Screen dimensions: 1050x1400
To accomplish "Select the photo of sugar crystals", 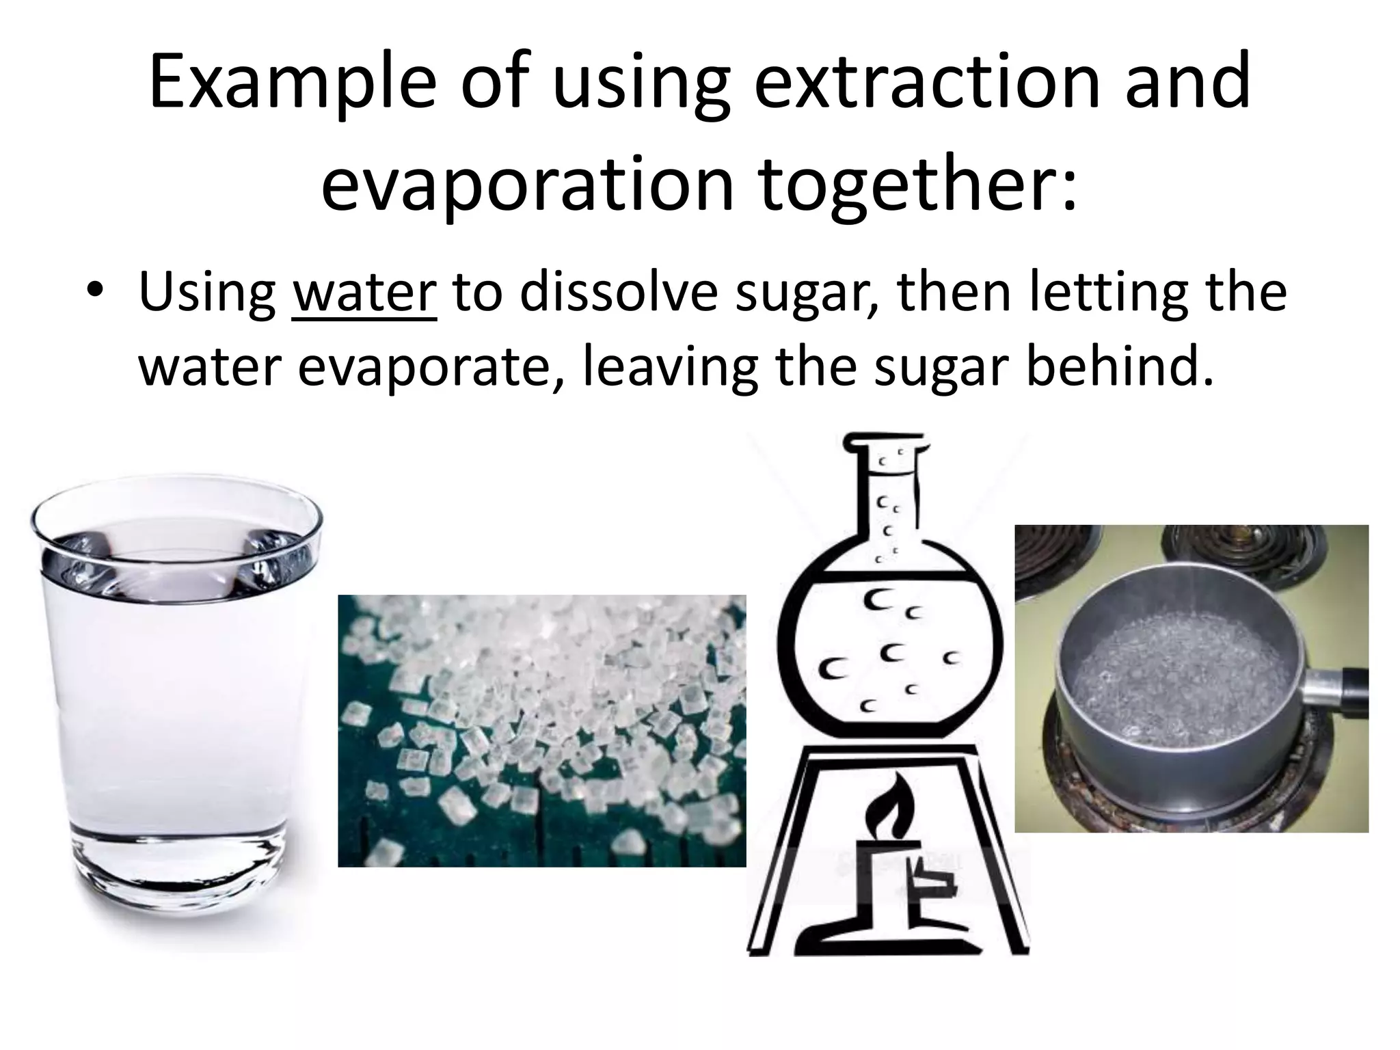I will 541,730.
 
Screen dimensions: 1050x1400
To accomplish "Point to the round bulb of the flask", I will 889,656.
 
